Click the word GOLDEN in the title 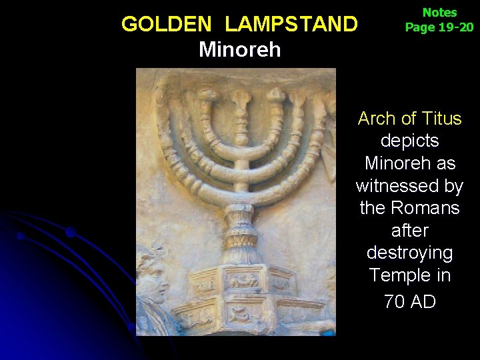click(165, 25)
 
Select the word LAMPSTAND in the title click(291, 25)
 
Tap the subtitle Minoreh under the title click(240, 49)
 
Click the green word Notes click(439, 13)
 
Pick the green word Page click(419, 27)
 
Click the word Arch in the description click(376, 119)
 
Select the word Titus click(441, 119)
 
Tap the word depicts click(409, 141)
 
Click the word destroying click(409, 253)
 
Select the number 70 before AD click(394, 301)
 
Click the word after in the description click(409, 231)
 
